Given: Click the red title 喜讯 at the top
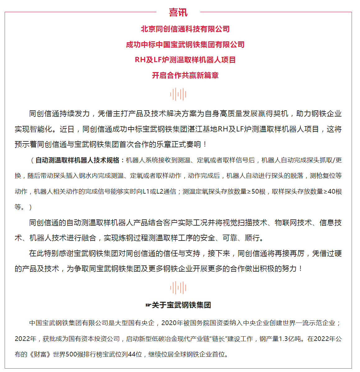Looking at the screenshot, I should [x=178, y=12].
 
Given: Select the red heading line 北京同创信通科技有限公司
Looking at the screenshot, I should [x=185, y=29].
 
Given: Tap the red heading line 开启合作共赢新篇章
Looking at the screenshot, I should [x=185, y=75].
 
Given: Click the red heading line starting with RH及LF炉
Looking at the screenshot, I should [x=185, y=60].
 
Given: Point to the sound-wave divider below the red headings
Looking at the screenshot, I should [x=178, y=94].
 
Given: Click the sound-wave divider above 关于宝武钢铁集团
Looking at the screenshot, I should [x=178, y=288].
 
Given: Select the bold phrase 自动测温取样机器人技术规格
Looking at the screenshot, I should [x=77, y=160].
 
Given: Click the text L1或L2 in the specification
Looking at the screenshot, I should [x=153, y=191].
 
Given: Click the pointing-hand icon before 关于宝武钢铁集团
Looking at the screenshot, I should [x=148, y=305].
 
